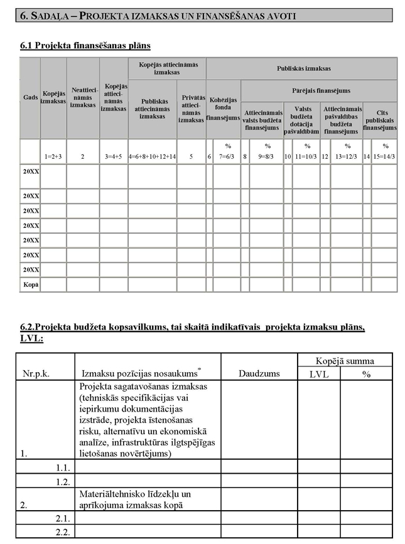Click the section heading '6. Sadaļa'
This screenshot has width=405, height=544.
pyautogui.click(x=47, y=15)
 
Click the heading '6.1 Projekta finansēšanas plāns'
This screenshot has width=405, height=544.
pyautogui.click(x=85, y=45)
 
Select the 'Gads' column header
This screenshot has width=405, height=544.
pyautogui.click(x=30, y=99)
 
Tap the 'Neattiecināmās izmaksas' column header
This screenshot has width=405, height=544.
pyautogui.click(x=83, y=98)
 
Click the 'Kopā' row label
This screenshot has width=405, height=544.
pyautogui.click(x=30, y=284)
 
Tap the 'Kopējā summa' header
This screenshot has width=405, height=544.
pyautogui.click(x=345, y=361)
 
